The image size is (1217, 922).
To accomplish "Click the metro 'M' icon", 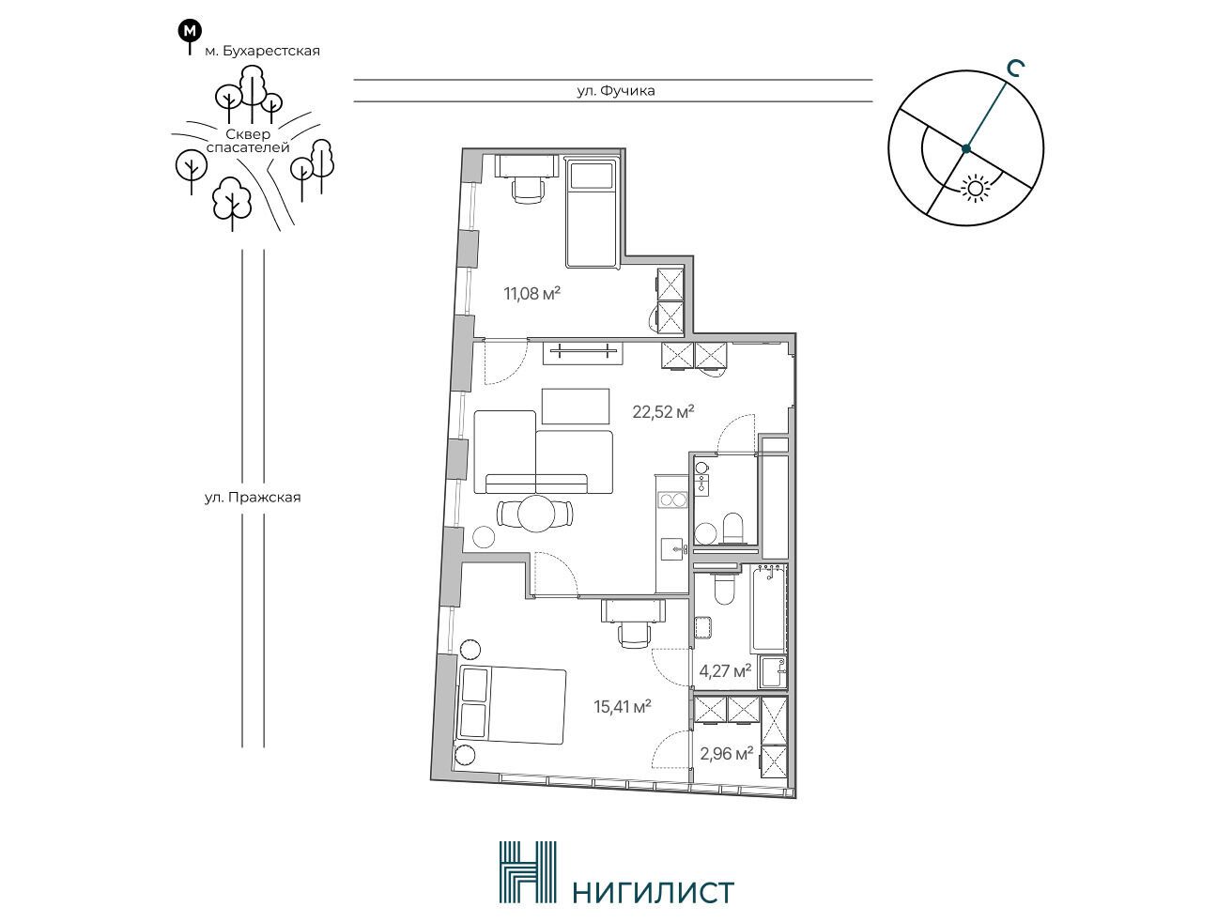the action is [190, 31].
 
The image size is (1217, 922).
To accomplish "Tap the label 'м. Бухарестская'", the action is [262, 51].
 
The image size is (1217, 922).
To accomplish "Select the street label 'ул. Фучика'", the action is [615, 90].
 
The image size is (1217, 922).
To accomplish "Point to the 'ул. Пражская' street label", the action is [253, 497].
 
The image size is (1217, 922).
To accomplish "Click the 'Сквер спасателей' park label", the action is [248, 141].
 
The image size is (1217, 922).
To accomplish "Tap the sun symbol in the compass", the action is [974, 187].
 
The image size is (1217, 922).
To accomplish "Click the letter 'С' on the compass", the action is [1015, 69].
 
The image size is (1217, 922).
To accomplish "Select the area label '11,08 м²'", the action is [531, 293].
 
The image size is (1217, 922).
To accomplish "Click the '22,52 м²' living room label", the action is [664, 411].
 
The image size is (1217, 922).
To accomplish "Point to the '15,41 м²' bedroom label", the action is [622, 706].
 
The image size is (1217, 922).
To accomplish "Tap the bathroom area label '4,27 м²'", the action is [725, 671].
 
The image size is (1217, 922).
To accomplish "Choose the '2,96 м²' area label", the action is [726, 753].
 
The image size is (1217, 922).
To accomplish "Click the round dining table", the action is [536, 514].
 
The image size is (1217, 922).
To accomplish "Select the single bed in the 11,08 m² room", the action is [592, 214].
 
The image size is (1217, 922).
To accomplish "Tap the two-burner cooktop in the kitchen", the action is [672, 500].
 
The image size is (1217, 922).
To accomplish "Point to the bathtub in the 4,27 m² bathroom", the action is [768, 608].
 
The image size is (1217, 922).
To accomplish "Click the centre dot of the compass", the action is [966, 148].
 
